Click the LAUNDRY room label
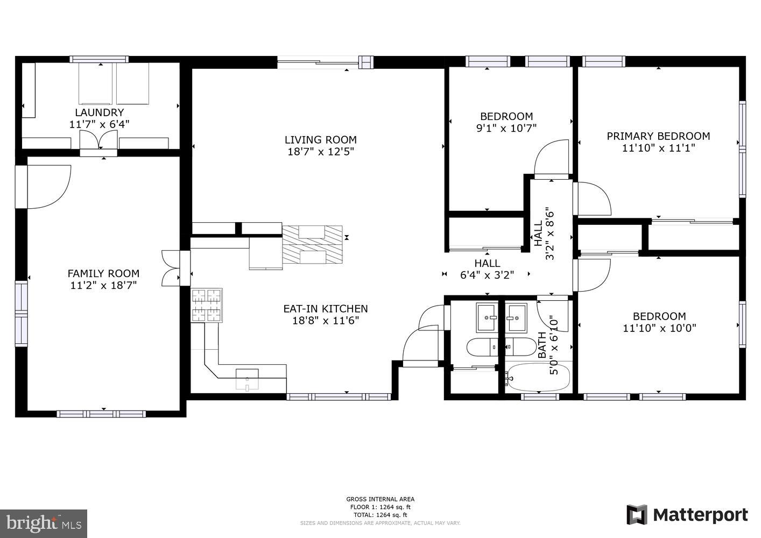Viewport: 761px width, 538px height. (x=99, y=112)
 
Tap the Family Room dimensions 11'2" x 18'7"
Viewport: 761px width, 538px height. (x=103, y=285)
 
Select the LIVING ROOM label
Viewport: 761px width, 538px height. (x=320, y=140)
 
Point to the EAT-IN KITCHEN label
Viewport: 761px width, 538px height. (x=326, y=309)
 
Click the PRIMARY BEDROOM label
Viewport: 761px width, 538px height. (x=658, y=136)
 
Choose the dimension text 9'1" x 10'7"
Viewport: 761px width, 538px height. (x=506, y=128)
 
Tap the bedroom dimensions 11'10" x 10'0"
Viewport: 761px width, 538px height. (x=659, y=328)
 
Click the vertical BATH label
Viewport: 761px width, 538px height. (x=542, y=345)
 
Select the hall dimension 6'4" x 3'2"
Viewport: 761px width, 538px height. (x=487, y=275)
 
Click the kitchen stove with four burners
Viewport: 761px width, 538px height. (x=207, y=306)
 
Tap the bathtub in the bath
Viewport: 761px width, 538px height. (x=538, y=378)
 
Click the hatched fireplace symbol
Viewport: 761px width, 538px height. (x=313, y=244)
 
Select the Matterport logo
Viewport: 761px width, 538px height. (x=687, y=515)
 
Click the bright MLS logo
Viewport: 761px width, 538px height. (x=44, y=523)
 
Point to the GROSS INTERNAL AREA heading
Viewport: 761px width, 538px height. (x=380, y=499)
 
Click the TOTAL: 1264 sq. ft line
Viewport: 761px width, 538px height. (x=380, y=515)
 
